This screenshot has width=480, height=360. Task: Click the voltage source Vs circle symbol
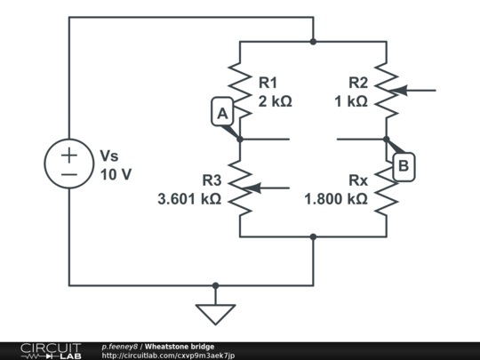[x=68, y=164]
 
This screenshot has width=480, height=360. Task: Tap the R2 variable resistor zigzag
[x=386, y=90]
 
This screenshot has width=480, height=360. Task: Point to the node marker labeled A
[x=221, y=113]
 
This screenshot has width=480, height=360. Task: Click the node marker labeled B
[x=404, y=165]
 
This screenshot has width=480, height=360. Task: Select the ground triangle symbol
[x=214, y=314]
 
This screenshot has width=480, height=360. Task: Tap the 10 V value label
[x=116, y=174]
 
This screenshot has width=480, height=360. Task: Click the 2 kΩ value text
[x=275, y=101]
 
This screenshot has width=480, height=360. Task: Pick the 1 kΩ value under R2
[x=350, y=101]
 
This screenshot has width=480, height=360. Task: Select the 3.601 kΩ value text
[x=189, y=199]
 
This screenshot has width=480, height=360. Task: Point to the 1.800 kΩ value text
[x=335, y=199]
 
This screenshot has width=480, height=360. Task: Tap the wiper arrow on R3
[x=268, y=188]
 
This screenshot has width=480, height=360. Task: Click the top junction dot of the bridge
[x=313, y=41]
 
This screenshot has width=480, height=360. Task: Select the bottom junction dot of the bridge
[x=313, y=236]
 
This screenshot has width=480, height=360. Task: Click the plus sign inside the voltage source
[x=68, y=153]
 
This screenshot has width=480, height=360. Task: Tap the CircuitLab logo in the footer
[x=50, y=350]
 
